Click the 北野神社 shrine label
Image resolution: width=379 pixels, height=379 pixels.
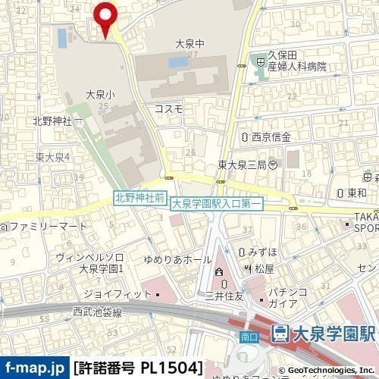[51, 121]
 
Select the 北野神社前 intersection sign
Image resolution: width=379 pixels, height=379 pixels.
[139, 196]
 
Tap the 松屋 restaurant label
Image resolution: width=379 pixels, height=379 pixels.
[264, 268]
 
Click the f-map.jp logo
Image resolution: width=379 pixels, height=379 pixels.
[35, 368]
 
